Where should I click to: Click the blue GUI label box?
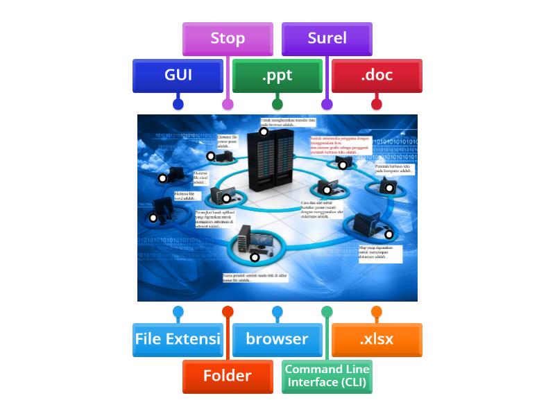coord(178,76)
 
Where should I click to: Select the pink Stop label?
coord(228,39)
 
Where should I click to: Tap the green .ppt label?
coord(277,76)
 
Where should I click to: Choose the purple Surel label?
coord(327,39)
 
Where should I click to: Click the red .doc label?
coord(377,76)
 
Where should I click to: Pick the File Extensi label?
coord(178,340)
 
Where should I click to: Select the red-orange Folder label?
coord(228,376)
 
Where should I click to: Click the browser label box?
coord(277,340)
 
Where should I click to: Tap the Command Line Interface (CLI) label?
coord(327,376)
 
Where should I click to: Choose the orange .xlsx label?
coord(377,340)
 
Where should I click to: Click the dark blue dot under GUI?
coord(178,105)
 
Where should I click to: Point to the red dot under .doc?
coord(377,105)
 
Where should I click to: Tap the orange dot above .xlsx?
coord(377,312)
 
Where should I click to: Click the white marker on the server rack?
coord(264,132)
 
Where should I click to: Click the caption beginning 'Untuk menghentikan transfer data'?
coord(284,122)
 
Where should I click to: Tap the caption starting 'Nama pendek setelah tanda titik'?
coord(255,278)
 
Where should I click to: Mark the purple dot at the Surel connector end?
coord(327,105)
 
